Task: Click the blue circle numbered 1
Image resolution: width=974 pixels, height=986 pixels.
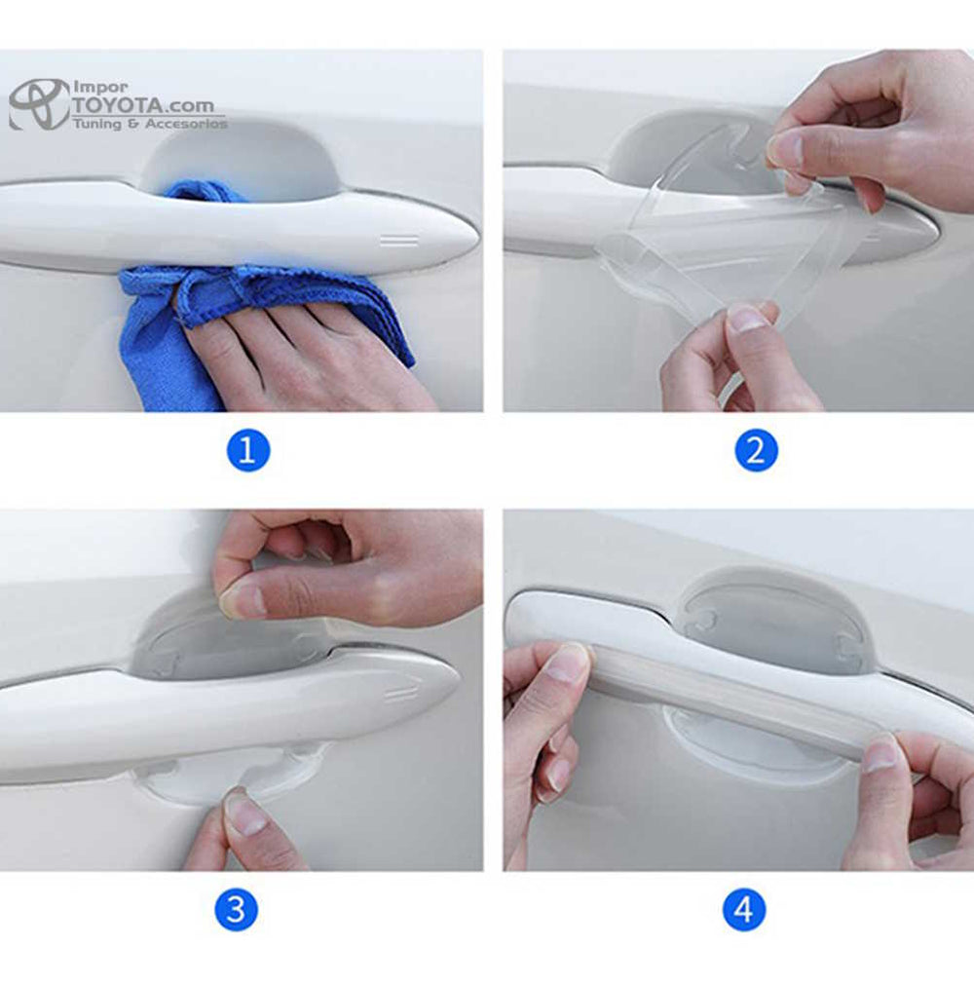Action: coord(248,450)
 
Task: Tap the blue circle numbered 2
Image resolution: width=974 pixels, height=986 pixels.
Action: coord(756,450)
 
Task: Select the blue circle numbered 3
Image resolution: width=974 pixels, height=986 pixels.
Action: coord(237,909)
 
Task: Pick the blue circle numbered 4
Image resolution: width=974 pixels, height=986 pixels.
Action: coord(744,909)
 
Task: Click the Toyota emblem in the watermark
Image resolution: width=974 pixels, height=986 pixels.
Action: coord(39,104)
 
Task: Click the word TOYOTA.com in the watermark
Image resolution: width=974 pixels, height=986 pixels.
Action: coord(143,105)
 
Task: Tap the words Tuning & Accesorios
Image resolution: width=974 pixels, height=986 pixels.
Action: coord(150,123)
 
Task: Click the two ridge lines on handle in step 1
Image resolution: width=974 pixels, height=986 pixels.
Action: coord(399,241)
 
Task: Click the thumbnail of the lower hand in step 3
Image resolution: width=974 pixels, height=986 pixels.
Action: coord(244,814)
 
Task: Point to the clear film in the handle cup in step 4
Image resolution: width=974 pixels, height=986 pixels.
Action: coord(776,620)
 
